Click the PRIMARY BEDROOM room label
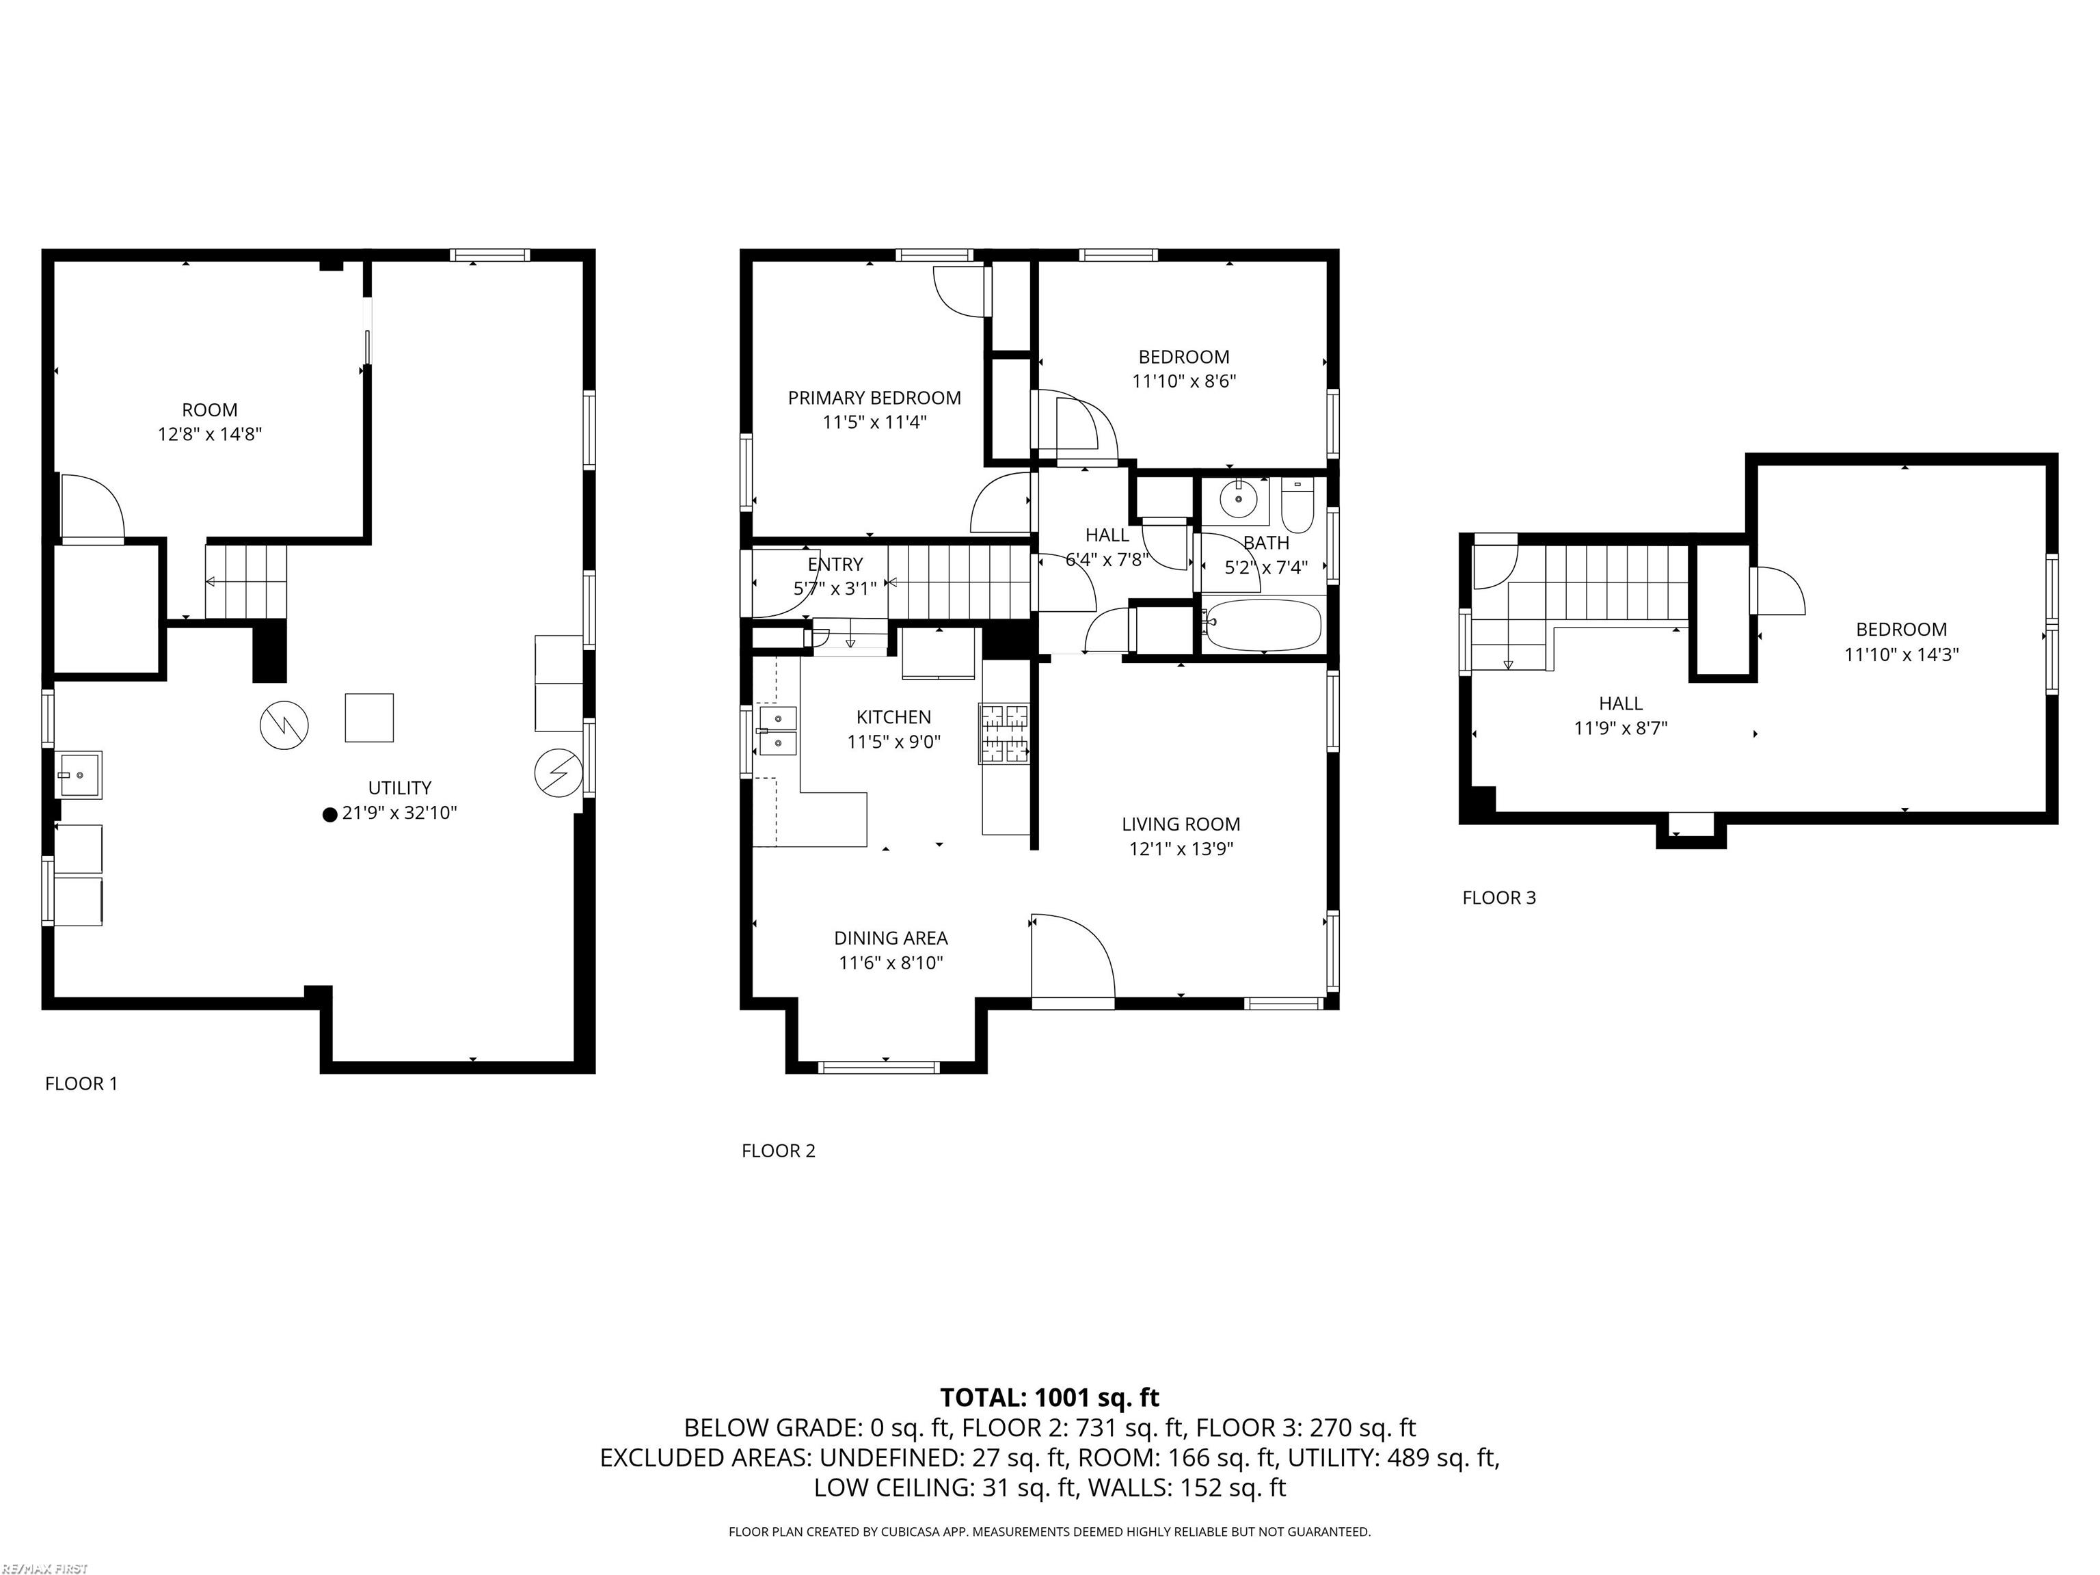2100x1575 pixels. click(x=874, y=398)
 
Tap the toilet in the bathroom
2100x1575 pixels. click(x=1296, y=506)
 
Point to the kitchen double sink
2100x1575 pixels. click(x=777, y=730)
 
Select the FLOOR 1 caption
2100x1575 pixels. click(x=81, y=1083)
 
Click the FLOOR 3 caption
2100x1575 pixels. click(x=1499, y=897)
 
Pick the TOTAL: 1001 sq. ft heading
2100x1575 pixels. click(x=1049, y=1397)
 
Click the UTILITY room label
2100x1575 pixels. click(x=400, y=788)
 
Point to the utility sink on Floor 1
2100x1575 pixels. click(x=79, y=774)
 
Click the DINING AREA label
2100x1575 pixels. click(x=891, y=938)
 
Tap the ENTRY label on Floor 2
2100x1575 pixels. click(x=835, y=564)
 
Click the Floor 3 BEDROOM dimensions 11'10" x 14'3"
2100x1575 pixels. click(x=1902, y=654)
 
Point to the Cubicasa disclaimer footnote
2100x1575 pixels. click(x=1049, y=1531)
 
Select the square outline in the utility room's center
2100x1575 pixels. click(x=369, y=717)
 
